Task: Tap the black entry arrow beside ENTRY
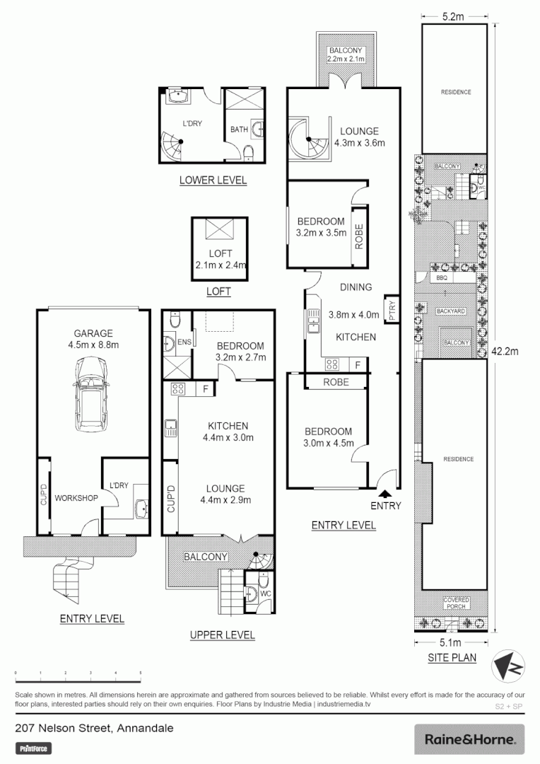pyautogui.click(x=385, y=493)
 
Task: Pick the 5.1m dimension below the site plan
pyautogui.click(x=450, y=642)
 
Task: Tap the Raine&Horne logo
pyautogui.click(x=469, y=739)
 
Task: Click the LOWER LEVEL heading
pyautogui.click(x=213, y=180)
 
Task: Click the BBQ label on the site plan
pyautogui.click(x=443, y=278)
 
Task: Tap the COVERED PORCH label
pyautogui.click(x=456, y=603)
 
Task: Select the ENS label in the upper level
pyautogui.click(x=184, y=342)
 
